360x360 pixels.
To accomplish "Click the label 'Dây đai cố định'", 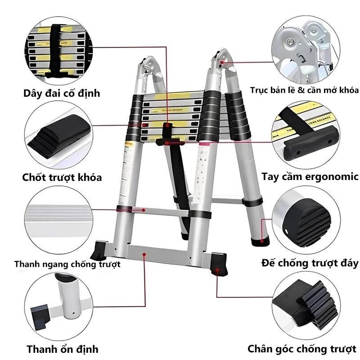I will [x=62, y=94].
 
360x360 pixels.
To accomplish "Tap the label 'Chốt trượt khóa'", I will [x=62, y=177].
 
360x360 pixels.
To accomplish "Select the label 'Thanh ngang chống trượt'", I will [x=67, y=264].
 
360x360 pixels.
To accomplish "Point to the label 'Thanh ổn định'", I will [x=62, y=349].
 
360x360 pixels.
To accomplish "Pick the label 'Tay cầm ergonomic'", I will [x=310, y=176].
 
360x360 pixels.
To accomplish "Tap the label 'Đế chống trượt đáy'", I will [x=310, y=262].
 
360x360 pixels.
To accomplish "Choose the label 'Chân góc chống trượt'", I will [x=302, y=349].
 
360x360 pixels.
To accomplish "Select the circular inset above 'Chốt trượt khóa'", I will [x=58, y=135].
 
